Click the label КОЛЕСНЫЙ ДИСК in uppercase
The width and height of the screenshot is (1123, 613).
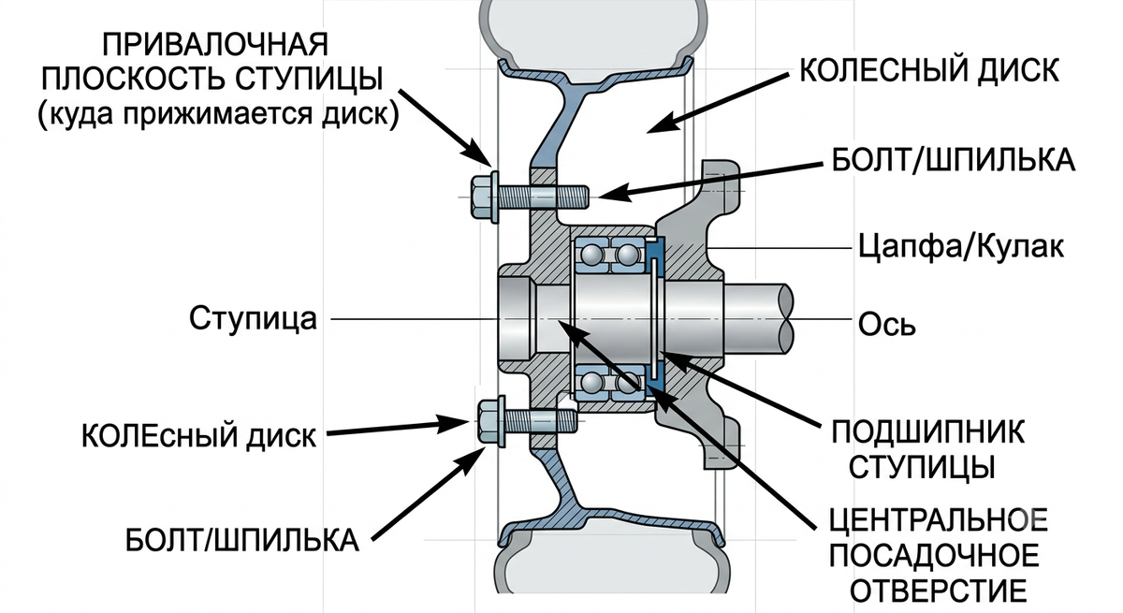929,71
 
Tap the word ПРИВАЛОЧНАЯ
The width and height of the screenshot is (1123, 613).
215,44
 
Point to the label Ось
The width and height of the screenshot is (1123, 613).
886,325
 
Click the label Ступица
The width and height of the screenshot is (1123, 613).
254,318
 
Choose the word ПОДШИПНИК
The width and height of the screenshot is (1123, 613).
928,431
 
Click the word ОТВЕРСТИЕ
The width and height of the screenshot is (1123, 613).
939,591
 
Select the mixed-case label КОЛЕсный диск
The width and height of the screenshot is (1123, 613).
198,436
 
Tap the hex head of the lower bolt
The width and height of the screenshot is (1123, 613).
488,420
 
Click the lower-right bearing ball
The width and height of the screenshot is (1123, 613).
627,384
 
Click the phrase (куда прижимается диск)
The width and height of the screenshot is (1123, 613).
218,115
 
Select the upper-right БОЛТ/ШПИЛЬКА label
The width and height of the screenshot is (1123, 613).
953,160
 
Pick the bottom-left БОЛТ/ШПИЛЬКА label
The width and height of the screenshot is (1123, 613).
241,539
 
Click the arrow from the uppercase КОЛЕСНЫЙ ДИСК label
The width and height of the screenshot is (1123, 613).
718,104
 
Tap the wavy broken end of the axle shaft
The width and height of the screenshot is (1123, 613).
785,318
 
